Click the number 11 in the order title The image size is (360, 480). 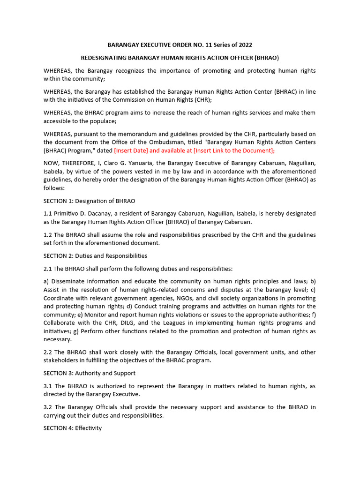(x=199, y=45)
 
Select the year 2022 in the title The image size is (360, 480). (x=244, y=45)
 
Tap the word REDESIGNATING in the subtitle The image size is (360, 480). (x=105, y=58)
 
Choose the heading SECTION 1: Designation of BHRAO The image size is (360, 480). (x=89, y=201)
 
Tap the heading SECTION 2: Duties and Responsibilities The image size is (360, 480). (x=95, y=256)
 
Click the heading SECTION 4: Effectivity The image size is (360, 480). (x=73, y=428)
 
